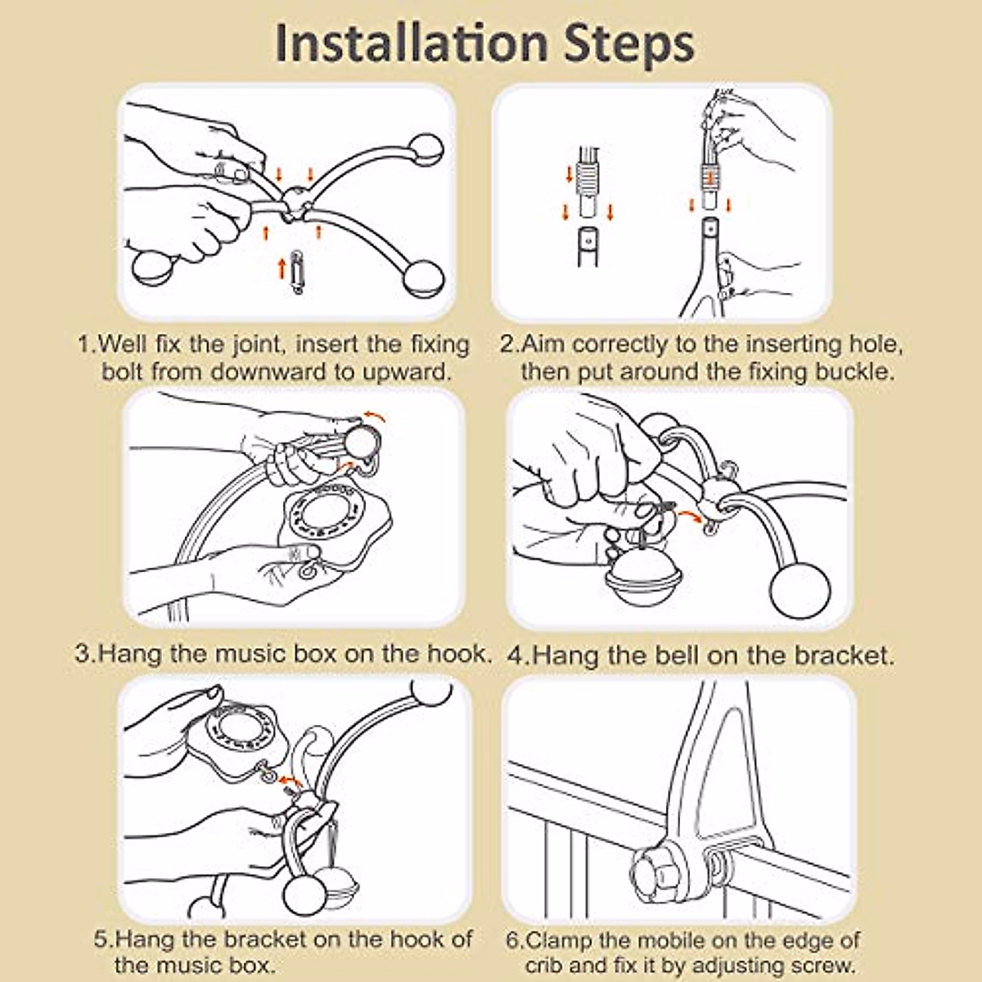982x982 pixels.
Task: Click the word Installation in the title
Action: coord(412,44)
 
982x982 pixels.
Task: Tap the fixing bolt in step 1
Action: coord(297,272)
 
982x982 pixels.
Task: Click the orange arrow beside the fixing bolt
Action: coord(282,268)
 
